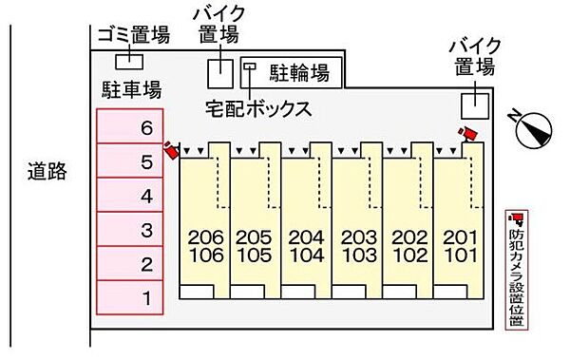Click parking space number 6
129,127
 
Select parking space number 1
129,298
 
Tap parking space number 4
129,197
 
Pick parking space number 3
129,230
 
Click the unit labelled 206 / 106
205,246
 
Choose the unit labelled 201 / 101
459,246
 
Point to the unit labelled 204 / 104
307,246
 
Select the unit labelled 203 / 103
357,246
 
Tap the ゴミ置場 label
133,36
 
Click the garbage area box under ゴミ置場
126,61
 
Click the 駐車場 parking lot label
130,90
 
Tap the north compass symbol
534,130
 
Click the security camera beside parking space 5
171,149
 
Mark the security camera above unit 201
466,134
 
